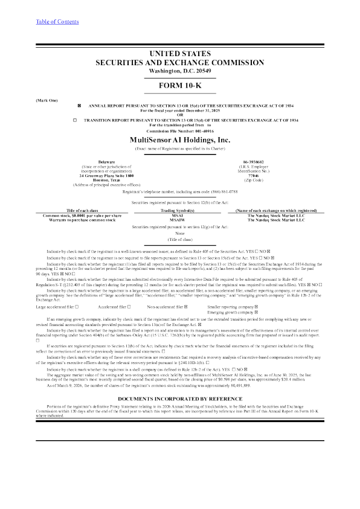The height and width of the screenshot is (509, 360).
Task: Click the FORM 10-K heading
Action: coord(179,86)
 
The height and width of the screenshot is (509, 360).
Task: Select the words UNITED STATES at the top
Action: coord(179,54)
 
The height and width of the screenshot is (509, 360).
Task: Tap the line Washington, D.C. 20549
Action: coord(179,71)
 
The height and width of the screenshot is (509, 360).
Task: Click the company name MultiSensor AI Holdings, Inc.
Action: coord(179,139)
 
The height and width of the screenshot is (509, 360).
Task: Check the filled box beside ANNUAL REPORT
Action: coord(79,106)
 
